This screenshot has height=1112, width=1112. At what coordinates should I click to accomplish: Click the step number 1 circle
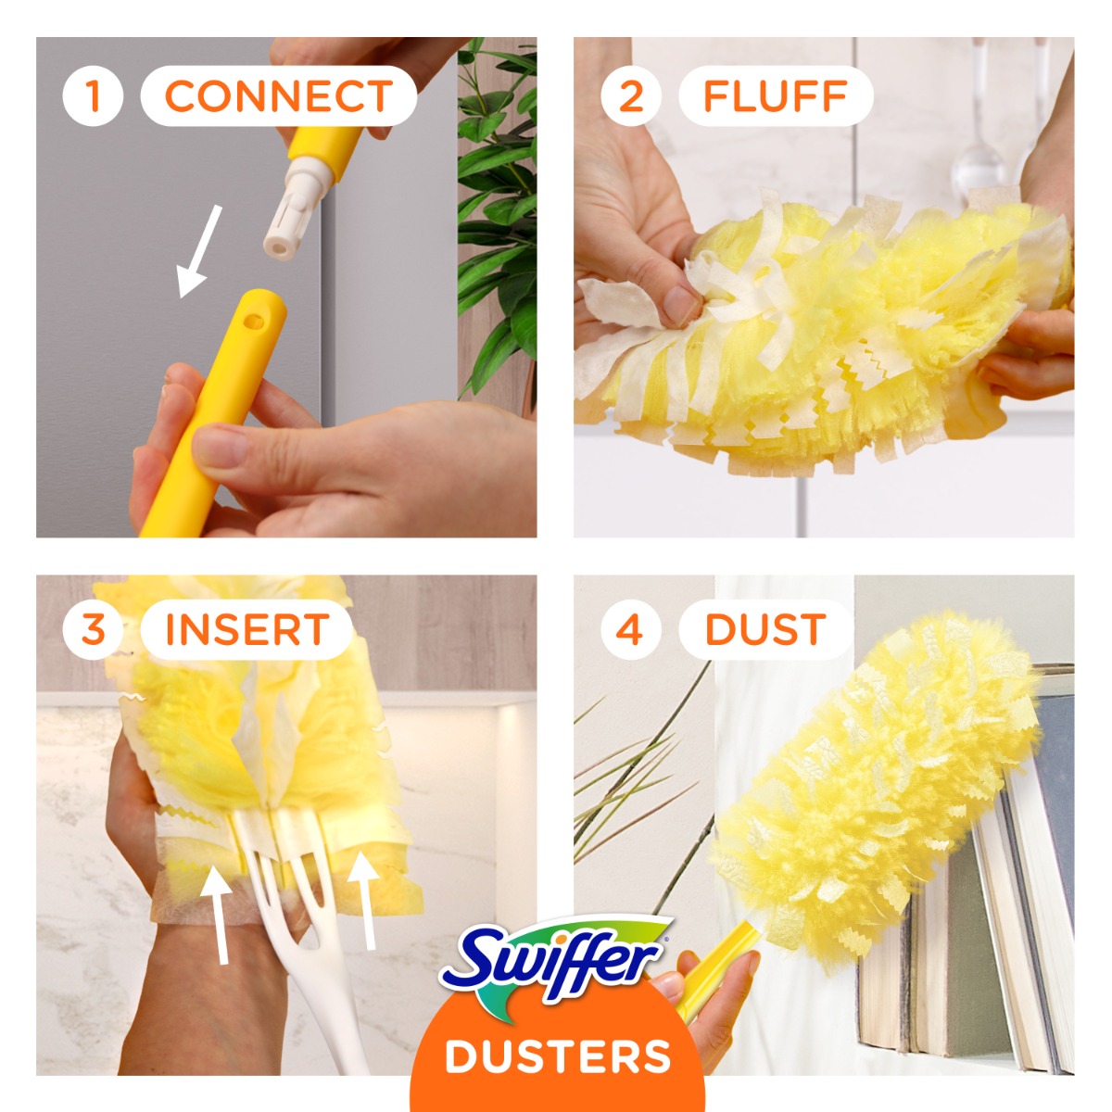click(93, 95)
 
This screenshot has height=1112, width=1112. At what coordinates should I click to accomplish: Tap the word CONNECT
click(278, 96)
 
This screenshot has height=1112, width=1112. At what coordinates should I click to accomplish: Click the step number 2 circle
click(631, 95)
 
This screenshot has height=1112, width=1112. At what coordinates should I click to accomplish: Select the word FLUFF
click(776, 96)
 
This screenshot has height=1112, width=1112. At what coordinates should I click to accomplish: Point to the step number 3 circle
click(93, 630)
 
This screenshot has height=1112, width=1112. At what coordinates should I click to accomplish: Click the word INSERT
click(246, 630)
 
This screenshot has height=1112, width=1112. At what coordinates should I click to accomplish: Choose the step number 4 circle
click(630, 630)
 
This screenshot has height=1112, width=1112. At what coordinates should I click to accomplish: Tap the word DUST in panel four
click(764, 630)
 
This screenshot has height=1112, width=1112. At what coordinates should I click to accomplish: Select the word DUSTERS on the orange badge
click(558, 1056)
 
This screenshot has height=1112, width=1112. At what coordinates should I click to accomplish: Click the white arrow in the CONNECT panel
click(200, 251)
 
